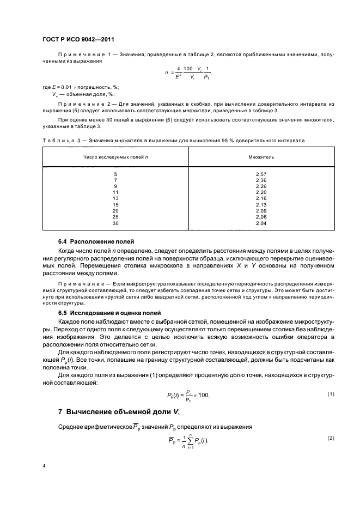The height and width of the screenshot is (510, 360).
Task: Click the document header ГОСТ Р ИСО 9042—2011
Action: coord(78,39)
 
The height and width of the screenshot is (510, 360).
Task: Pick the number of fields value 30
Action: coord(115,223)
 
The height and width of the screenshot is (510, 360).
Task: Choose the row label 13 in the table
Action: coord(115,198)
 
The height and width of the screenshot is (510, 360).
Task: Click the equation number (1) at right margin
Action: coord(330,394)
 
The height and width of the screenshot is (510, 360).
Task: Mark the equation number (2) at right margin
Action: coord(330,439)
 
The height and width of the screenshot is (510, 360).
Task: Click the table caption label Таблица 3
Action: coord(60,140)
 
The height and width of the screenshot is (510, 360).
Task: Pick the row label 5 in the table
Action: coord(115,174)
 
